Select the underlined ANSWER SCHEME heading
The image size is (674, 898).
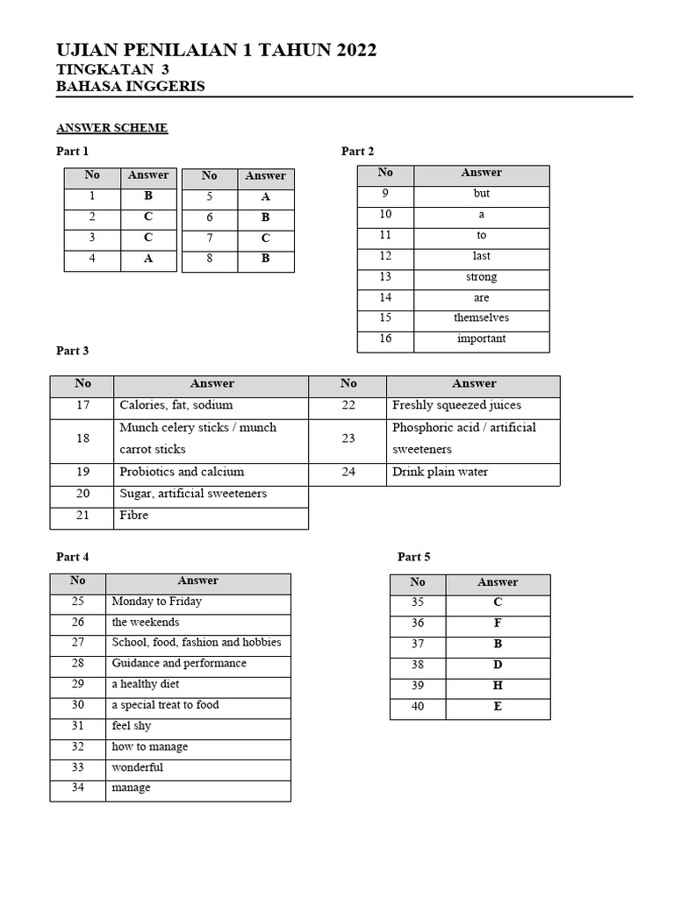tap(111, 128)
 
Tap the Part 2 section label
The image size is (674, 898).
tap(357, 152)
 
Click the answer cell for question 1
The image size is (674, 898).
tap(147, 196)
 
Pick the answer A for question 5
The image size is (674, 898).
tap(265, 197)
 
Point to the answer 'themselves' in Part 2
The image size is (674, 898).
tap(481, 318)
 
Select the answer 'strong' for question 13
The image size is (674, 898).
tap(481, 277)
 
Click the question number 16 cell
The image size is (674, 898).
tap(385, 339)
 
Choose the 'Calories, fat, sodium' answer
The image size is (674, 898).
tap(176, 406)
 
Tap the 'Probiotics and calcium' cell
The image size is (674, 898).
tap(182, 472)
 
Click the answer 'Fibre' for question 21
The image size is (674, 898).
tap(134, 516)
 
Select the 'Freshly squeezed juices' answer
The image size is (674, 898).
tap(456, 406)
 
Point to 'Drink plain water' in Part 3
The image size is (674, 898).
tap(440, 472)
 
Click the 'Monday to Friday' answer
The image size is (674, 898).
tap(156, 602)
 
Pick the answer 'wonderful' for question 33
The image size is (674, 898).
tap(137, 767)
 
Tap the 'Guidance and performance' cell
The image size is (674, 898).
tap(179, 664)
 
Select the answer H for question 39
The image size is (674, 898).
tap(498, 686)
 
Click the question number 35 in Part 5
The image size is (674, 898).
tap(418, 602)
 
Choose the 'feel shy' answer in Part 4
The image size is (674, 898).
tap(131, 726)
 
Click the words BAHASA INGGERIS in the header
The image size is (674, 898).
tap(131, 86)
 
